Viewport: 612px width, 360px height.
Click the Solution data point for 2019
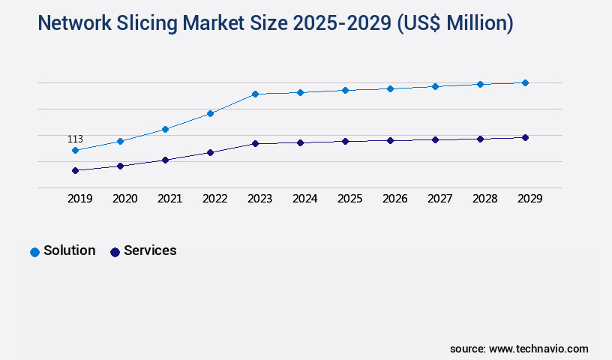point(75,150)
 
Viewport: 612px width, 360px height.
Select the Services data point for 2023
point(255,143)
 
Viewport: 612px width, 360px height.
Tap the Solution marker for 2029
point(525,82)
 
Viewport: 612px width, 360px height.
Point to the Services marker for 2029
point(525,137)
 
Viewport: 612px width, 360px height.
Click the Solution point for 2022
point(210,113)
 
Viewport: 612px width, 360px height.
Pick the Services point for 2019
point(75,170)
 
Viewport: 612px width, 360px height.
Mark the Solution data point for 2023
point(255,94)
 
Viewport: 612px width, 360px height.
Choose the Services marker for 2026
point(390,140)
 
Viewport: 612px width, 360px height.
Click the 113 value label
point(75,139)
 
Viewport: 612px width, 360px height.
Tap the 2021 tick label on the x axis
point(169,199)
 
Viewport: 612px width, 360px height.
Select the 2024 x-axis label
point(304,199)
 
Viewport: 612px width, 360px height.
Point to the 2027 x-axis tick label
point(439,199)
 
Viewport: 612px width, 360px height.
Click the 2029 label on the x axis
point(529,199)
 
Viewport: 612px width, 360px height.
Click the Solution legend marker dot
point(34,252)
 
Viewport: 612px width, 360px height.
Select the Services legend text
point(150,250)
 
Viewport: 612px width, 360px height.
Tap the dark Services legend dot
point(115,252)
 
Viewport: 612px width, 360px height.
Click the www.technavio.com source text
point(538,349)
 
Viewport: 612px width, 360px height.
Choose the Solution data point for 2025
point(345,90)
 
